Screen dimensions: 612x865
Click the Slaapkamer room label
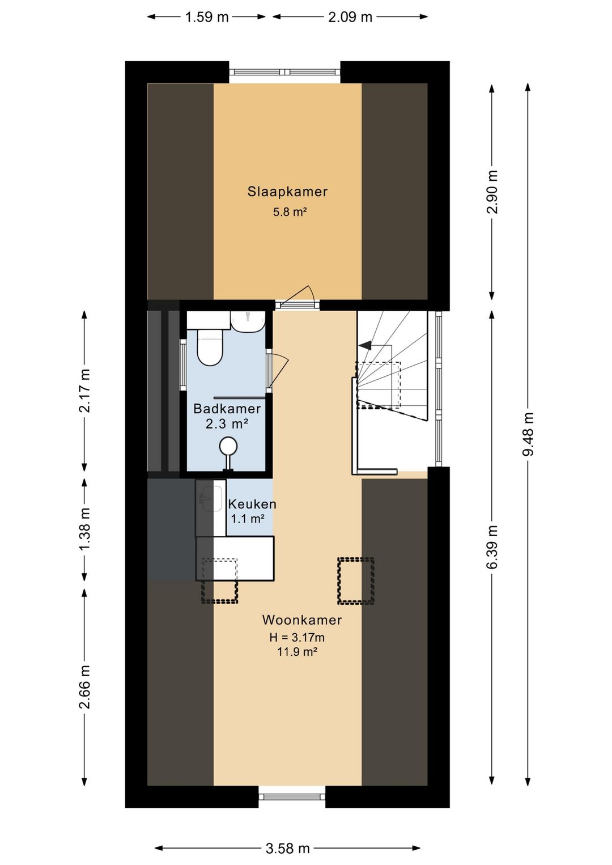(x=287, y=192)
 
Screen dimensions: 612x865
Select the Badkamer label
(x=227, y=408)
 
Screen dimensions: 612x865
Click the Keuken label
(x=252, y=504)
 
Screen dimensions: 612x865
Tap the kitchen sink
(x=211, y=498)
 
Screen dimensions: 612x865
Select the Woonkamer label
(x=302, y=620)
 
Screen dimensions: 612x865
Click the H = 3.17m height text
(x=297, y=637)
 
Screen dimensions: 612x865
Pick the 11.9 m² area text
(x=297, y=652)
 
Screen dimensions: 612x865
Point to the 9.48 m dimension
(x=528, y=434)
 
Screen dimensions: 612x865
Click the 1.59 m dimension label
(x=207, y=18)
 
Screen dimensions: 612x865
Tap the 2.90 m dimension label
(x=492, y=192)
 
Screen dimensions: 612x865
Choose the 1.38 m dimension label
(x=84, y=529)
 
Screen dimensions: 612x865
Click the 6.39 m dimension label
(x=492, y=547)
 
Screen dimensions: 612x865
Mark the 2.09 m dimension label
(x=350, y=18)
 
